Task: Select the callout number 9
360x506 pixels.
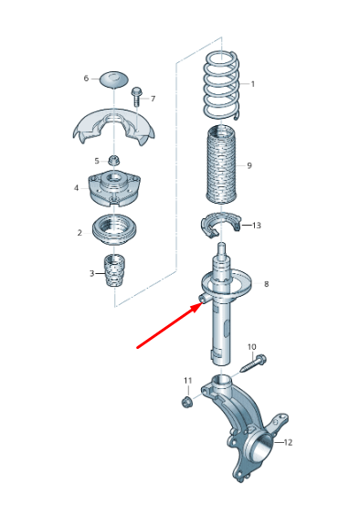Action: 249,165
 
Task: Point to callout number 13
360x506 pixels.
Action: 257,225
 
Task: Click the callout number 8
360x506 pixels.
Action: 266,285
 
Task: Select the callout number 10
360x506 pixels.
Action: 252,347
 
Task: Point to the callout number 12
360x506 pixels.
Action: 287,442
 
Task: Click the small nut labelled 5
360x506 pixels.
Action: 114,161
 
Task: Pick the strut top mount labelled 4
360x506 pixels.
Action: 114,191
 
